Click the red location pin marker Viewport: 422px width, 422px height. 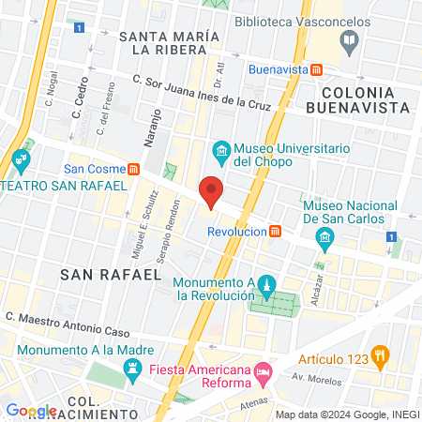click(211, 191)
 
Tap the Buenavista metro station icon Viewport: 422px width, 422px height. click(318, 68)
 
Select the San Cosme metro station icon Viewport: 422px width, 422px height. click(134, 170)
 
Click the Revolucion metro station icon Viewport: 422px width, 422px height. click(275, 231)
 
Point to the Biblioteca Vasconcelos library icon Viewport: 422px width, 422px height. click(350, 39)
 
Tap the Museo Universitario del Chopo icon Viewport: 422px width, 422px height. click(221, 149)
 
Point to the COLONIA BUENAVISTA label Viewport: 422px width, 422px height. click(367, 100)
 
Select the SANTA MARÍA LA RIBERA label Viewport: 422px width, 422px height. click(170, 42)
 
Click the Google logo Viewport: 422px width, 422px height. click(31, 410)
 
